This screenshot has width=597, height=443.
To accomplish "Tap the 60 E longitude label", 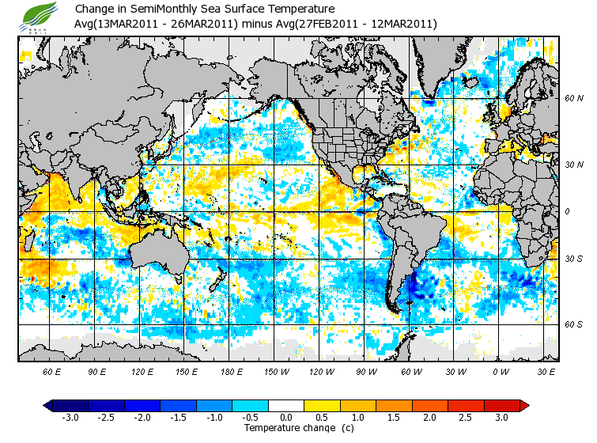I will (x=52, y=371).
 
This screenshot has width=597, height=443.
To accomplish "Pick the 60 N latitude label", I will (x=573, y=98).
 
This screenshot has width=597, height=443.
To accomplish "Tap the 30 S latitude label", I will (x=573, y=259).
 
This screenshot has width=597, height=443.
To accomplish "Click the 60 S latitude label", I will (x=573, y=324).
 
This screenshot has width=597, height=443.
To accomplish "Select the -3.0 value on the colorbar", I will (x=70, y=417).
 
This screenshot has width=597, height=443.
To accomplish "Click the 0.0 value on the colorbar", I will (x=287, y=417).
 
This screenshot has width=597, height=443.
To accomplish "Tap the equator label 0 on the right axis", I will (x=568, y=212).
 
